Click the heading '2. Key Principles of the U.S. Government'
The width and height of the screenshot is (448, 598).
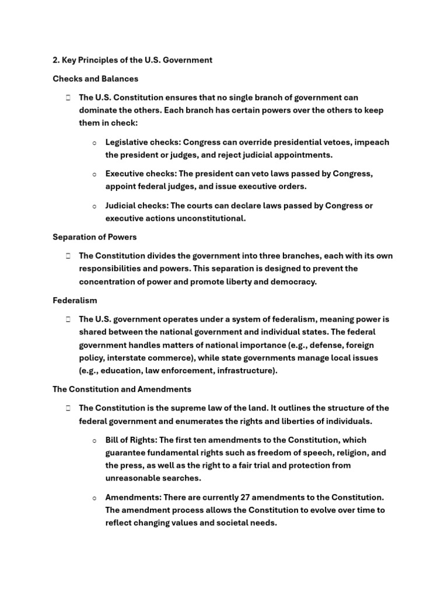tap(132, 60)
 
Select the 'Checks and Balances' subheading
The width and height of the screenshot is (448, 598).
tap(96, 79)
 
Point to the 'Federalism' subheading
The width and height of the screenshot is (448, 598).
tap(75, 300)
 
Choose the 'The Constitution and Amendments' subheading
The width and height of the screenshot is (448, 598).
tap(122, 389)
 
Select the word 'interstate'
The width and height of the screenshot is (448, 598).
tap(124, 357)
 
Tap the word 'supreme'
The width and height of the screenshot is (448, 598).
tap(177, 408)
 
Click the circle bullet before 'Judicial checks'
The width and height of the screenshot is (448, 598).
tap(94, 206)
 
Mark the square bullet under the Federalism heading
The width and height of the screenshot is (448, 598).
tap(68, 319)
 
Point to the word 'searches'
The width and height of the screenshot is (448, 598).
tap(181, 478)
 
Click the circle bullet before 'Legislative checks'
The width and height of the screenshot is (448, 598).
tap(94, 143)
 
